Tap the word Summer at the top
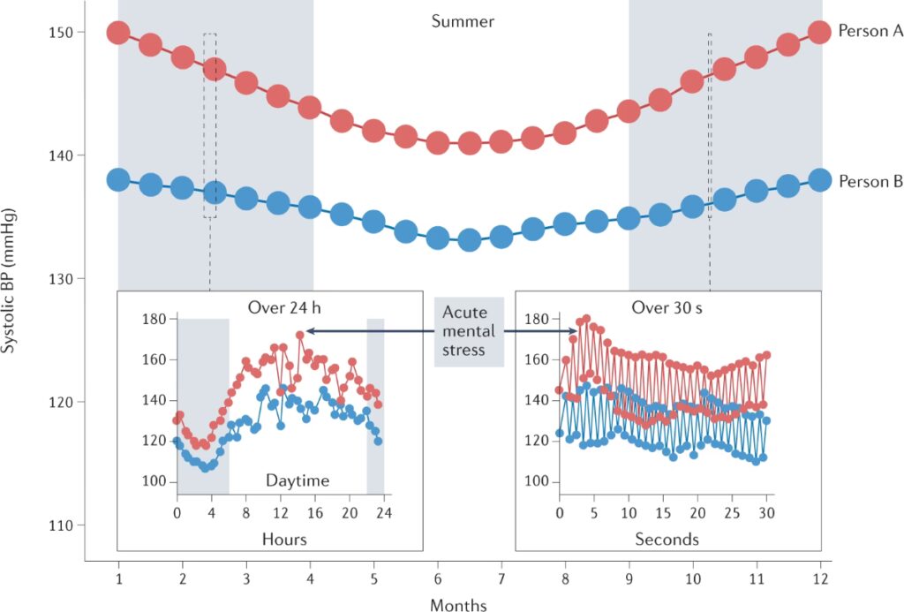[463, 20]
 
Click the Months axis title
[457, 605]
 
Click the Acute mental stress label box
[469, 331]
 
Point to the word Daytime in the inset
[298, 481]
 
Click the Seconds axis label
[667, 539]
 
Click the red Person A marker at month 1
[118, 33]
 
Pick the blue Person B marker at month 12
[820, 180]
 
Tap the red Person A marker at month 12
[820, 32]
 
